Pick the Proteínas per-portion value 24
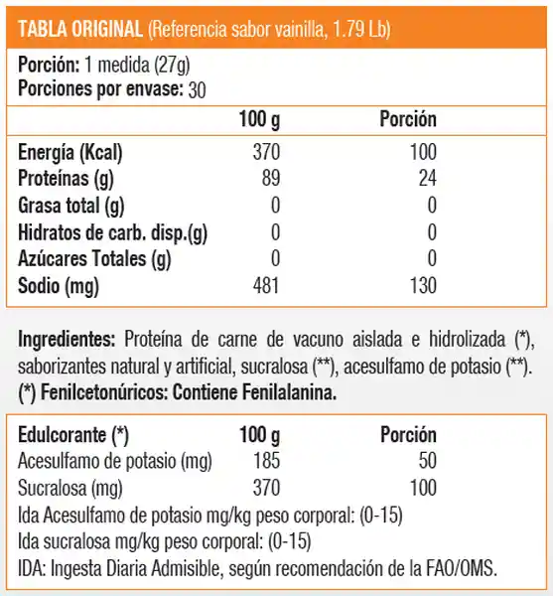pyautogui.click(x=428, y=180)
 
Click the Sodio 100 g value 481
pyautogui.click(x=266, y=288)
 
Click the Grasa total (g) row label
pyautogui.click(x=71, y=207)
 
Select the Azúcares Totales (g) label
pyautogui.click(x=95, y=261)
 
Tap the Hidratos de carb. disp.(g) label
pyautogui.click(x=113, y=234)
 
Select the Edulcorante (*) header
pyautogui.click(x=73, y=436)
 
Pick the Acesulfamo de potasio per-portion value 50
pyautogui.click(x=427, y=462)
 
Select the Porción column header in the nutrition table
pyautogui.click(x=408, y=120)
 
